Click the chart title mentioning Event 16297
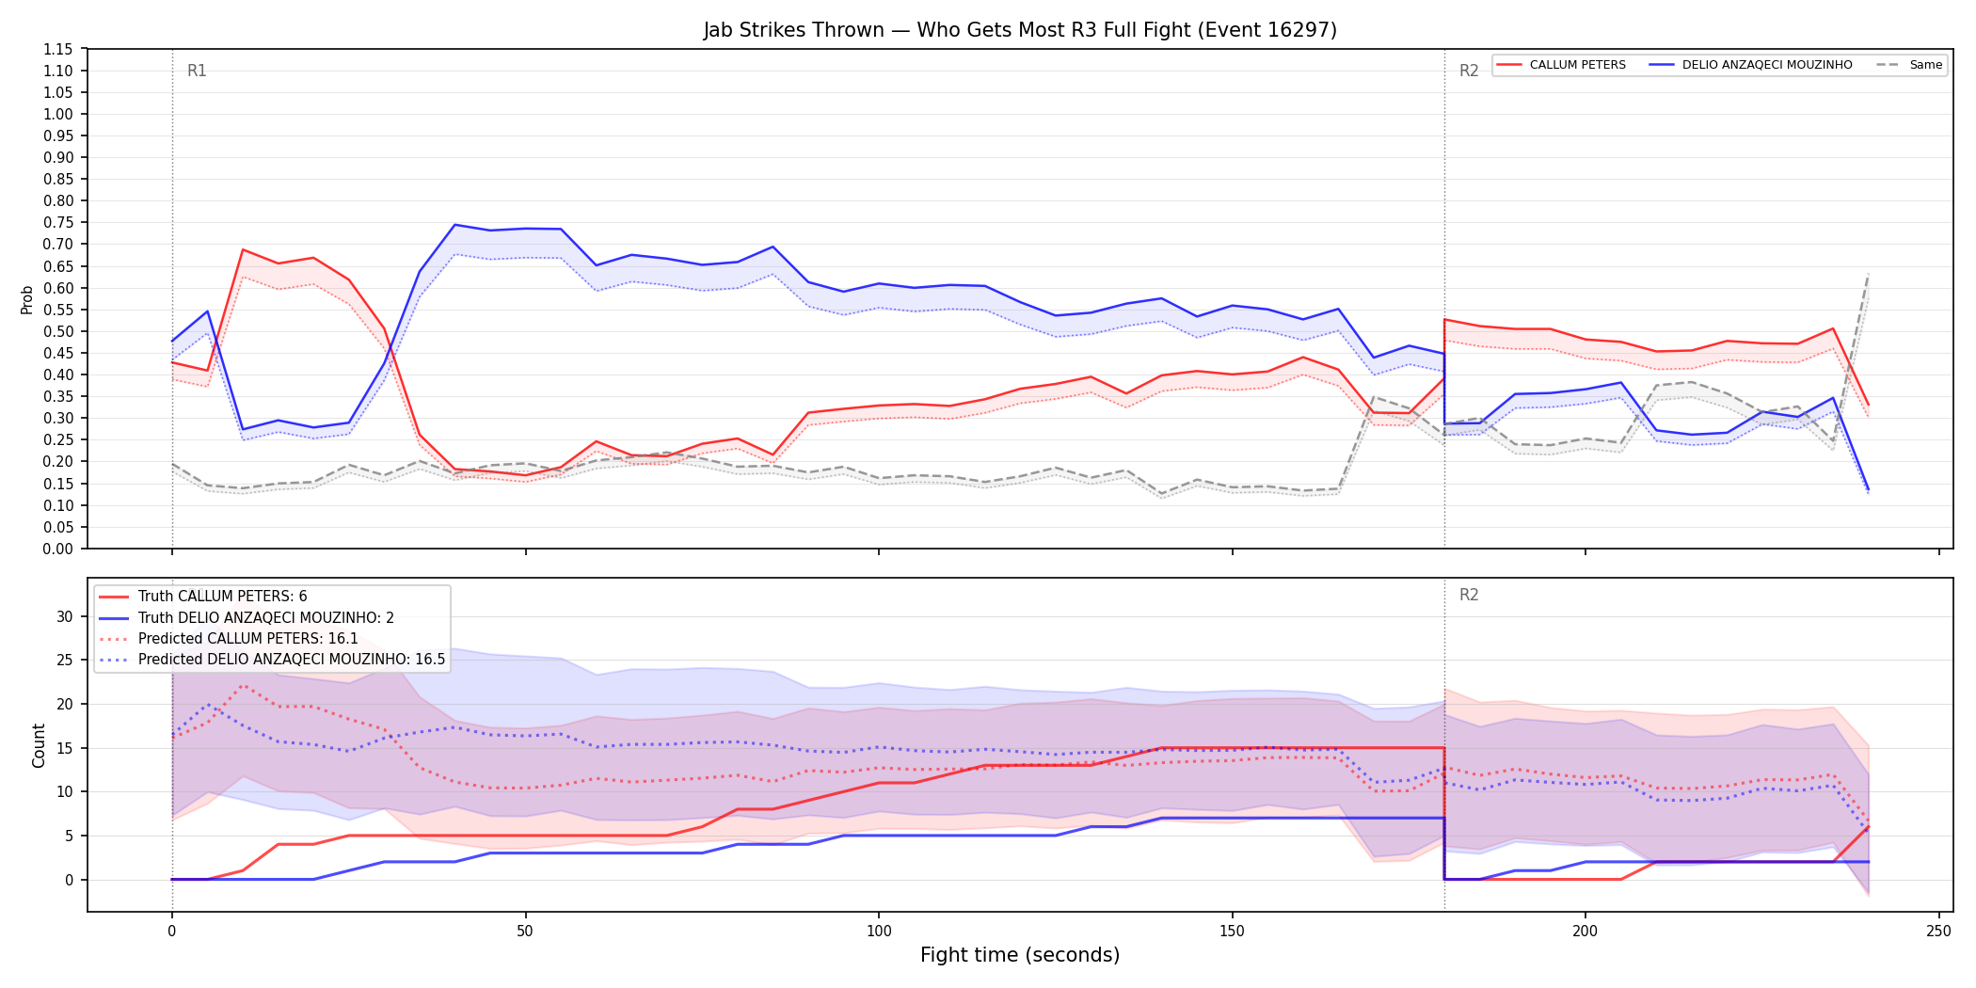[1020, 30]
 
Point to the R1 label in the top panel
[197, 71]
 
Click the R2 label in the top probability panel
[1469, 71]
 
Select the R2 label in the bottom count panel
[1469, 595]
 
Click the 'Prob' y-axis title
[27, 299]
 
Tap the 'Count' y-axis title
[39, 745]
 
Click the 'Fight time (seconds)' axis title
[1020, 955]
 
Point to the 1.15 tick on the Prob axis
[58, 49]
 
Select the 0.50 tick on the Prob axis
[58, 331]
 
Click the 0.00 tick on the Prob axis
[58, 549]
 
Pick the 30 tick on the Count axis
[65, 616]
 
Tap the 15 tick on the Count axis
[65, 748]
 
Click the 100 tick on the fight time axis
[878, 932]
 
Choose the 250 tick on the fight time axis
[1938, 932]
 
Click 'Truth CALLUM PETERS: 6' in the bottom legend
[222, 597]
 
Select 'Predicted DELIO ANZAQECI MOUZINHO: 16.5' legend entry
[292, 660]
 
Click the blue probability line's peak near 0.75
[454, 225]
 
